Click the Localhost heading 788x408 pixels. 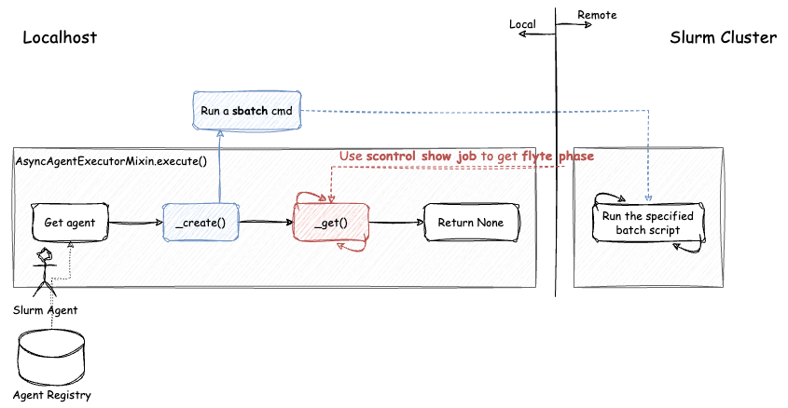pyautogui.click(x=60, y=37)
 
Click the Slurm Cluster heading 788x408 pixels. pyautogui.click(x=723, y=37)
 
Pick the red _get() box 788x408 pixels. pyautogui.click(x=331, y=223)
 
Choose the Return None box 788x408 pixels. pyautogui.click(x=470, y=223)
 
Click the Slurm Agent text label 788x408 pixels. pyautogui.click(x=45, y=309)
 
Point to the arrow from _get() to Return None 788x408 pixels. pyautogui.click(x=395, y=223)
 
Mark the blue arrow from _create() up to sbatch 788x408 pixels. pyautogui.click(x=220, y=168)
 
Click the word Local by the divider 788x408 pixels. pyautogui.click(x=522, y=24)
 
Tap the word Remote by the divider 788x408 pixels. pyautogui.click(x=597, y=15)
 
